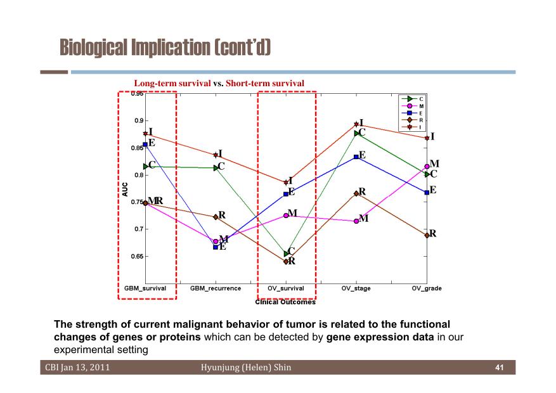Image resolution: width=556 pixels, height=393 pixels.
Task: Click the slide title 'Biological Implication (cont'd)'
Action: pos(165,47)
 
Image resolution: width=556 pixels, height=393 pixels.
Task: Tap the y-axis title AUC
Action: pos(125,190)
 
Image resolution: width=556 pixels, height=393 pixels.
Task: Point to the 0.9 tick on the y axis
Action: pos(139,120)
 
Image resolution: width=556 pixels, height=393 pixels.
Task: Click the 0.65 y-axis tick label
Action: pos(137,256)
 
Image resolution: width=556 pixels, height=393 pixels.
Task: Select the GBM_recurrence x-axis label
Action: pos(216,288)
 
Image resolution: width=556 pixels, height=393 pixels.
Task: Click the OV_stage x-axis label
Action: pos(356,288)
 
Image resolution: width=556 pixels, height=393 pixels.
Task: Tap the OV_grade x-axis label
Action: pos(427,288)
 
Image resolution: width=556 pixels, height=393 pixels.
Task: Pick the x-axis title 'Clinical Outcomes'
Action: pos(285,302)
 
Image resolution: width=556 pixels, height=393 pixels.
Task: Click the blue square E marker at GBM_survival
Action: pos(145,145)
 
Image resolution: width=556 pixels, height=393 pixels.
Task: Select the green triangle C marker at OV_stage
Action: pos(356,133)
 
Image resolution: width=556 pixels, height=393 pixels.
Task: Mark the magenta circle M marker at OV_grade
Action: pos(427,167)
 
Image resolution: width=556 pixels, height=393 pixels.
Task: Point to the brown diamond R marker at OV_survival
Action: pos(286,262)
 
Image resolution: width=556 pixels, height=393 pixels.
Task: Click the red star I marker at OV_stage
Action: pos(356,124)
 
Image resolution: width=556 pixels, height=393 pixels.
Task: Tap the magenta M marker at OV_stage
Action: pos(356,221)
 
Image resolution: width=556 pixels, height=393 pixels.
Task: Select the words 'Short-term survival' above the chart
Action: pos(265,83)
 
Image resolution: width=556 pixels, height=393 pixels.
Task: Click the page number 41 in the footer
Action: pos(500,368)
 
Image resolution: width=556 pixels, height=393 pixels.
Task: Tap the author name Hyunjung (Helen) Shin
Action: pos(246,368)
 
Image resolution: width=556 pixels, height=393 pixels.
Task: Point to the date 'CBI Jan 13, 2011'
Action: pos(77,368)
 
